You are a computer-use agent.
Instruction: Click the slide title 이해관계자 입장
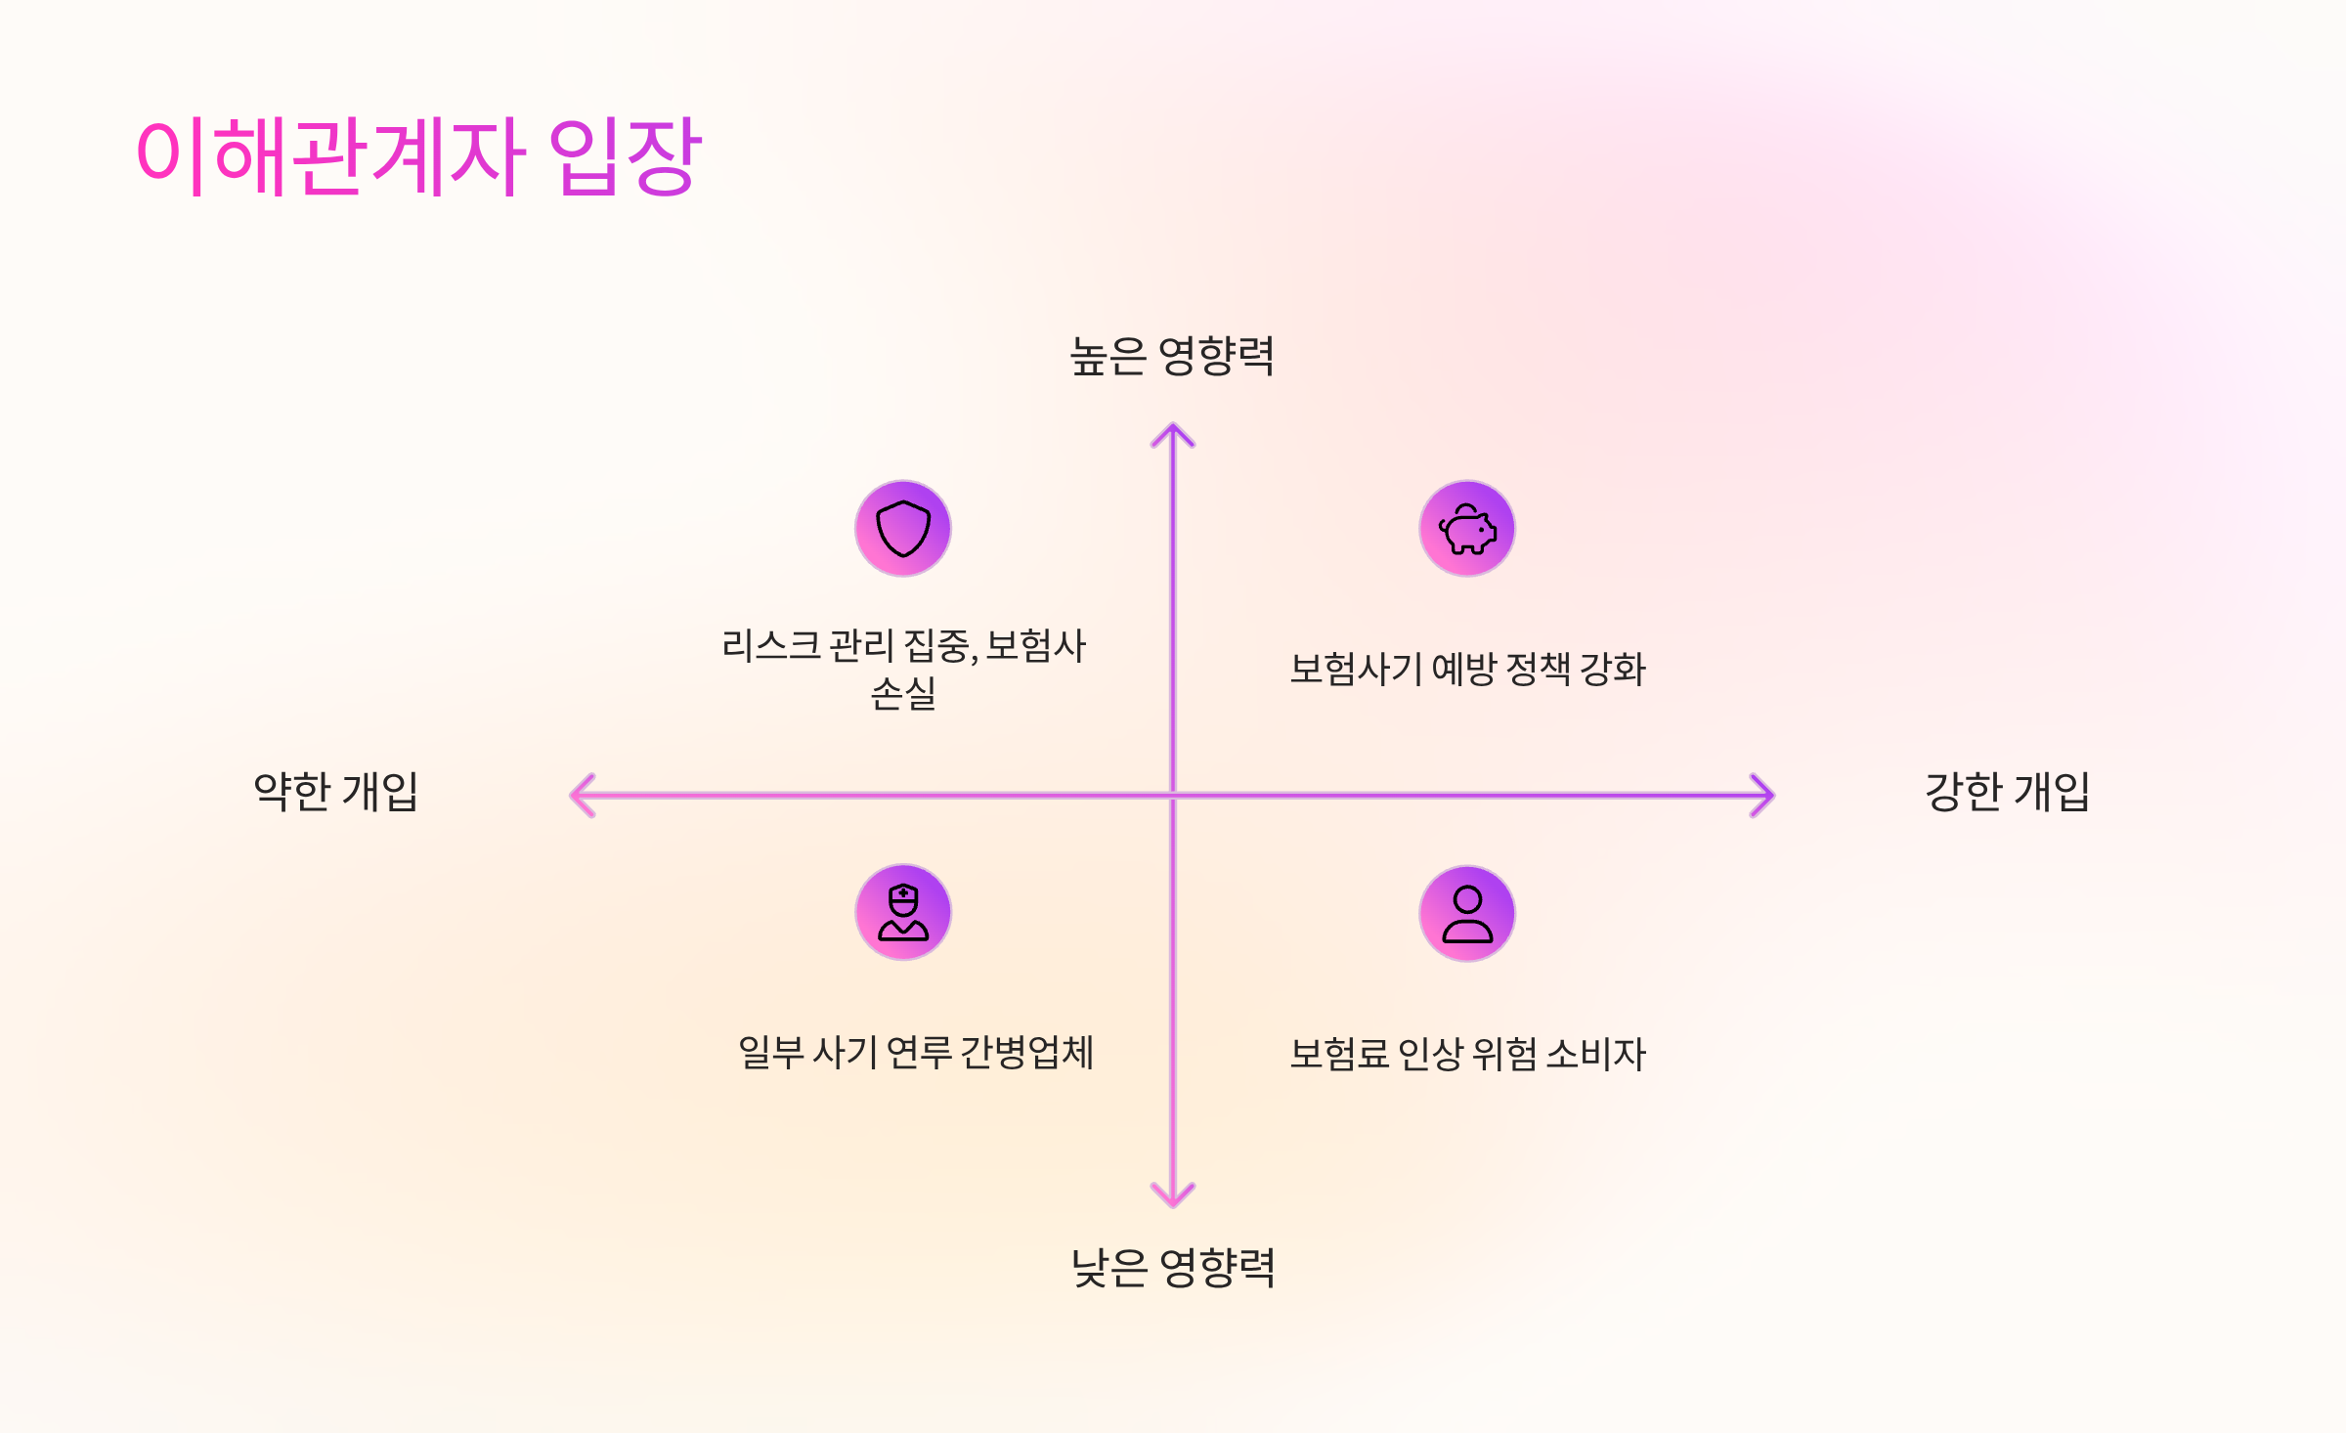[418, 156]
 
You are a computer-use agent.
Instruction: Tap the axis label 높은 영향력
[1172, 356]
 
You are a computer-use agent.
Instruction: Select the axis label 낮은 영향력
[1173, 1268]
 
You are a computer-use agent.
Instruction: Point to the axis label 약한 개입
[335, 792]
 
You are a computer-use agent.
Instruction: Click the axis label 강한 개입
[2007, 792]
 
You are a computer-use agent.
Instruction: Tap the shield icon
[903, 529]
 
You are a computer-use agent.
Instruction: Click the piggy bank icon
[1467, 529]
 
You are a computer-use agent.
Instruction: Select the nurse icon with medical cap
[903, 913]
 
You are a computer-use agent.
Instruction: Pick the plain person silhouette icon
[1467, 913]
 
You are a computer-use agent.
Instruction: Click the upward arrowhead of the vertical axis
[1173, 432]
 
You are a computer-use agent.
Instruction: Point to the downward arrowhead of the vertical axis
[1173, 1197]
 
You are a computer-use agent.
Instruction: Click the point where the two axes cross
[1173, 796]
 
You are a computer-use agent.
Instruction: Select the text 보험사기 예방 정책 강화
[1467, 670]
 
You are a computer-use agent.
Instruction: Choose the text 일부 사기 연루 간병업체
[915, 1053]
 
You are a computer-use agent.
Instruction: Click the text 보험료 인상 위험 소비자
[1467, 1054]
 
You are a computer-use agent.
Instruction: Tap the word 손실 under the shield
[903, 693]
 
